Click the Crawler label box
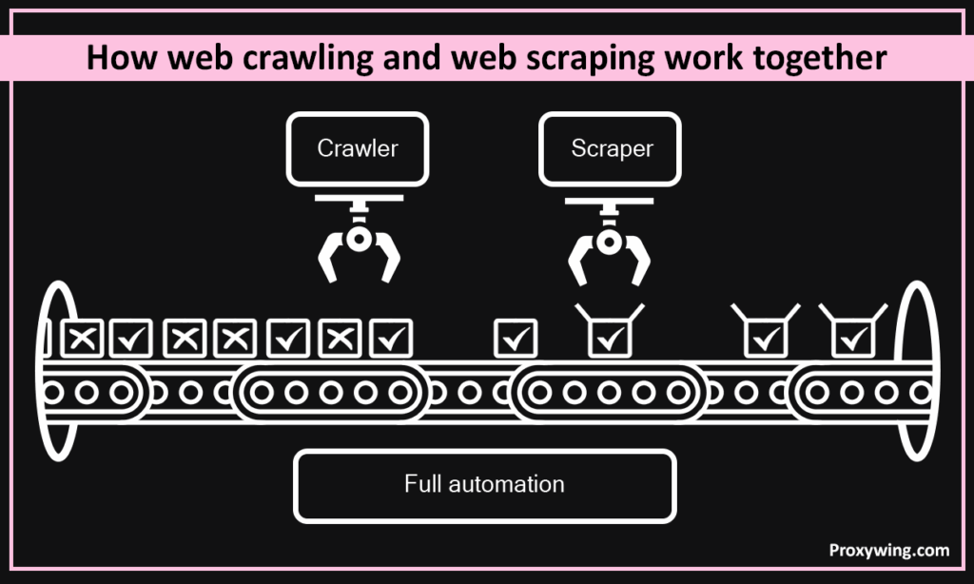[x=357, y=148]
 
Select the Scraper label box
[x=612, y=148]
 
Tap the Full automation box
[x=484, y=484]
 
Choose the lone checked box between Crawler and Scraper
[x=516, y=337]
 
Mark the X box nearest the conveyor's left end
[x=83, y=337]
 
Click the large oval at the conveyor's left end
[x=59, y=372]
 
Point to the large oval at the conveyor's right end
[x=916, y=372]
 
